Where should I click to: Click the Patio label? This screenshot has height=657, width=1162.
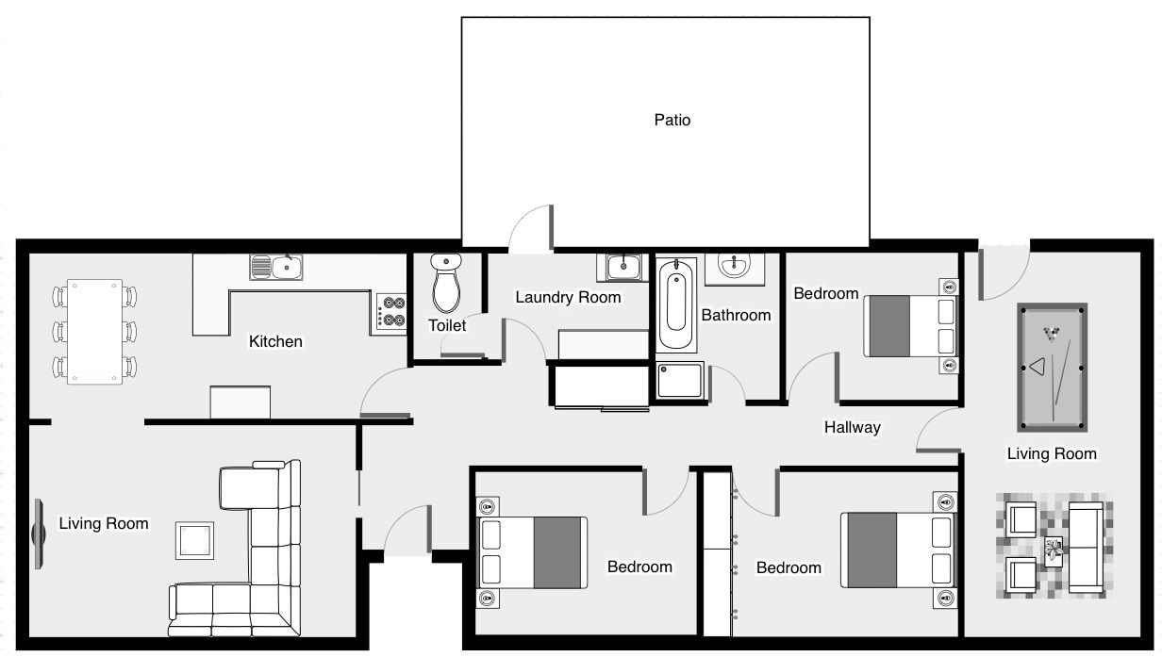[x=672, y=120]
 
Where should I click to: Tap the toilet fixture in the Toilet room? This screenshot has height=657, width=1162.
[x=445, y=283]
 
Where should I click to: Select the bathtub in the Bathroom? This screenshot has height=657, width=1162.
[x=676, y=304]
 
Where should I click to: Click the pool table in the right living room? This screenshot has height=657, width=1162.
[x=1052, y=367]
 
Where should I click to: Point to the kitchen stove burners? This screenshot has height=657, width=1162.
[x=391, y=312]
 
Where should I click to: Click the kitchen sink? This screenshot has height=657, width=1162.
[x=276, y=267]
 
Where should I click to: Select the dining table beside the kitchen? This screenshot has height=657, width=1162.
[x=94, y=332]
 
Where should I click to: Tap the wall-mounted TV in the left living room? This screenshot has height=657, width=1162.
[x=39, y=534]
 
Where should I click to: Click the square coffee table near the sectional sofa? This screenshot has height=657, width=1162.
[x=194, y=540]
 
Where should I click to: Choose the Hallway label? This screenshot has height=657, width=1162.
[x=853, y=427]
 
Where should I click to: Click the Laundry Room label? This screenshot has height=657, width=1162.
[x=568, y=297]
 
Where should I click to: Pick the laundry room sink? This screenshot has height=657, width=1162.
[x=622, y=267]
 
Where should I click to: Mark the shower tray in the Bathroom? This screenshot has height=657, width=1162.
[x=679, y=380]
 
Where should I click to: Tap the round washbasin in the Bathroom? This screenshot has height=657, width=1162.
[x=734, y=266]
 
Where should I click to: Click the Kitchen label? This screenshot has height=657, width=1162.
[x=275, y=341]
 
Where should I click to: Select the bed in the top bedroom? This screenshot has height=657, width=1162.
[x=911, y=326]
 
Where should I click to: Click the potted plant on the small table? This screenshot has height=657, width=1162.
[x=1054, y=550]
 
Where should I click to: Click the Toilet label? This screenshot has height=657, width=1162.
[x=447, y=325]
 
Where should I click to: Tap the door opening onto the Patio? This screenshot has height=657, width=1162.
[x=531, y=229]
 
